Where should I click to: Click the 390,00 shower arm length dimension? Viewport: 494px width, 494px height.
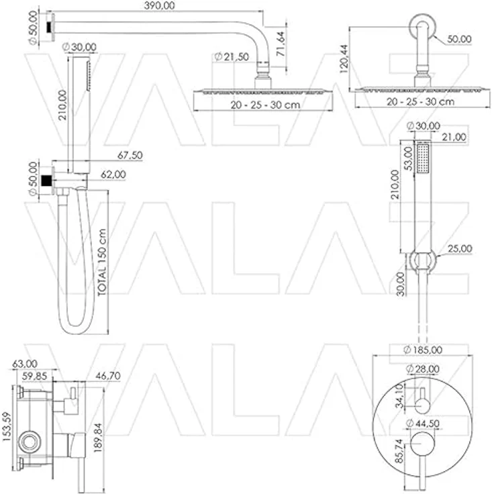(x=160, y=5)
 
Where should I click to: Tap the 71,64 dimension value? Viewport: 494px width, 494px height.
(x=281, y=44)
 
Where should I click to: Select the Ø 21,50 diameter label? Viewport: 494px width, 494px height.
(x=232, y=56)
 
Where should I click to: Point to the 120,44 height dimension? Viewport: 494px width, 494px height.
(x=344, y=59)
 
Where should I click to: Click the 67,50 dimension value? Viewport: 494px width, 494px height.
(x=130, y=155)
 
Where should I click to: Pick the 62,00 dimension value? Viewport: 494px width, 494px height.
(x=113, y=175)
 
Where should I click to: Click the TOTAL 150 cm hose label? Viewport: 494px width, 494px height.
(x=102, y=262)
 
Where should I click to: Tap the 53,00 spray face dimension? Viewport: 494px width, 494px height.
(x=408, y=158)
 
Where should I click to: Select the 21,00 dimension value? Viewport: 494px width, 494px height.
(x=454, y=137)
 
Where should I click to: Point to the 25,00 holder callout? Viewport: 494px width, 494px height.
(x=460, y=248)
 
